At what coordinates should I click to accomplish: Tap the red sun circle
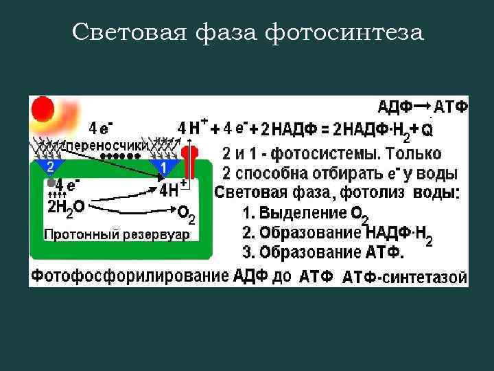point(43,109)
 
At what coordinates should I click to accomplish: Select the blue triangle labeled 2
point(50,167)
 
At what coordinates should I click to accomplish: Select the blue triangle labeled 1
point(163,167)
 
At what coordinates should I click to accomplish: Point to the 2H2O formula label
point(66,206)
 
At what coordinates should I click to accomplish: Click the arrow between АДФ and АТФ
point(423,105)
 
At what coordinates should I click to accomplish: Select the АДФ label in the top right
point(395,106)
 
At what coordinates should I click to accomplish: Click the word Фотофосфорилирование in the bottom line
point(130,276)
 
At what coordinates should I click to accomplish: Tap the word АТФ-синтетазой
point(405,278)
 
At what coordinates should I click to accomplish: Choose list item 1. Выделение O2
point(305,213)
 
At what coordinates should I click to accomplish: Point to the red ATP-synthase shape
point(189,162)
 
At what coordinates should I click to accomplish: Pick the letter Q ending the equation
point(427,129)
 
